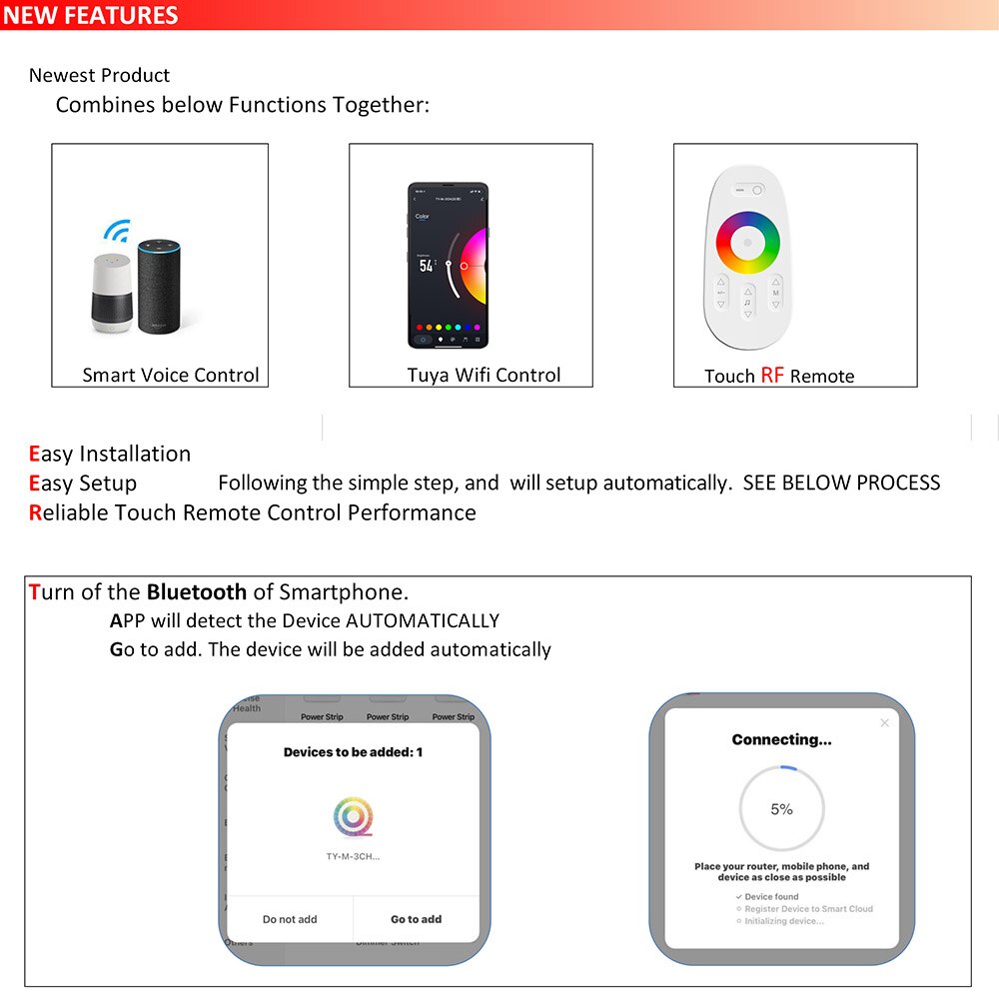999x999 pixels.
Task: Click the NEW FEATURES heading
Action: coord(91,15)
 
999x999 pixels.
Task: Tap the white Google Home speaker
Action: coord(112,293)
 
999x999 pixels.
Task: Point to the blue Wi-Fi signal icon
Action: coord(117,232)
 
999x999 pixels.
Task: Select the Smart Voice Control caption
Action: coord(170,376)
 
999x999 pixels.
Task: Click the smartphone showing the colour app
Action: coord(448,265)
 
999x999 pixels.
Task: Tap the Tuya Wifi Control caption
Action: coord(484,376)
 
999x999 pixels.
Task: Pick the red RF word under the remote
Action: coord(772,376)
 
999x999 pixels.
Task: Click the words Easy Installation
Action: coord(110,454)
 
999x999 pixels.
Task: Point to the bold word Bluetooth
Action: coord(196,591)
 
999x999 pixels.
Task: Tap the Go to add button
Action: coord(416,919)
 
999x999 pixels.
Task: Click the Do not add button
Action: coord(290,919)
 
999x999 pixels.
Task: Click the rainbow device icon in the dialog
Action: coord(353,818)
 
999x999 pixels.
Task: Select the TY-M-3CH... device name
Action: coord(353,857)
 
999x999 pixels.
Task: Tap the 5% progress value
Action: coord(781,809)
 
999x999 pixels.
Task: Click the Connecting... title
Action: coord(781,740)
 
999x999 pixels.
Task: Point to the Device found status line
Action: coord(771,897)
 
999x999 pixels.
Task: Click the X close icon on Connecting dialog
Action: coord(884,722)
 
